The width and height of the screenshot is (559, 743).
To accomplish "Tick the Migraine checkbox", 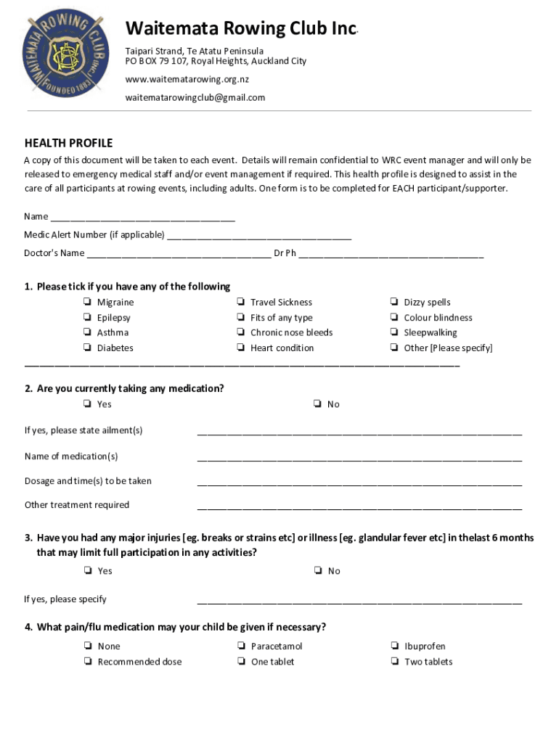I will point(86,303).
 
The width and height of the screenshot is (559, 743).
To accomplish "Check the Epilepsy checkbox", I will point(86,318).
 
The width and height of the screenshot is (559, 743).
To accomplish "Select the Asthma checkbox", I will point(86,333).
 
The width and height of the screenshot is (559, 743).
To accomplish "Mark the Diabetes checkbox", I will point(86,348).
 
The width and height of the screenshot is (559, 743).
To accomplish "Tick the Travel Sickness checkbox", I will point(240,303).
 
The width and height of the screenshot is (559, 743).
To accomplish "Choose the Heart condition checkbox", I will point(240,348).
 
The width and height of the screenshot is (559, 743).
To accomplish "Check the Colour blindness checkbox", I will point(393,318).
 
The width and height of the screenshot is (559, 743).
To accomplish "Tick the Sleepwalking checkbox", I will point(393,333).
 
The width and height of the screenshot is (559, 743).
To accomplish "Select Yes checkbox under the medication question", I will point(86,404).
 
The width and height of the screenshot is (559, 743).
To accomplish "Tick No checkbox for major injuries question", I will point(317,571).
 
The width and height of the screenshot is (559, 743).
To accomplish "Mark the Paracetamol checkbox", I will point(240,646).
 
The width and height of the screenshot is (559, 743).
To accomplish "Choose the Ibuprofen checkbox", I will point(393,646).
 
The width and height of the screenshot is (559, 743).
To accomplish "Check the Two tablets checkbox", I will point(393,662).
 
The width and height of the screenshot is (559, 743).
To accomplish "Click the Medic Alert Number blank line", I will point(259,235).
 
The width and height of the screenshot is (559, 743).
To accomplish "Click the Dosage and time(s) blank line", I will point(359,481).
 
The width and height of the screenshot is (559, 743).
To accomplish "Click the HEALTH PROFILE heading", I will point(68,144).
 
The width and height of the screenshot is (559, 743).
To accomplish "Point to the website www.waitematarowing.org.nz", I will point(187,79).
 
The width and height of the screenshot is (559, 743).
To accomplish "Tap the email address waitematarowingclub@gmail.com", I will point(195,97).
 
